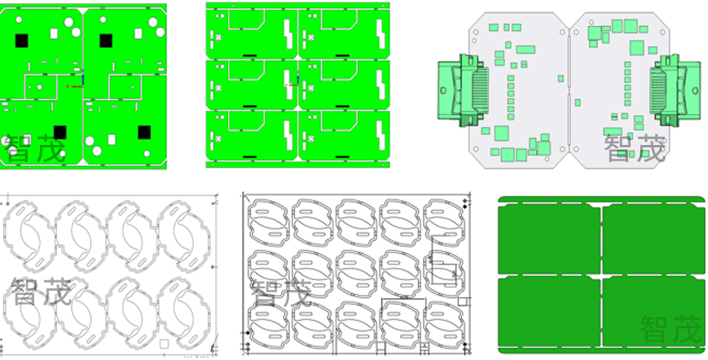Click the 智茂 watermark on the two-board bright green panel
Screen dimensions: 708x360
tap(35, 149)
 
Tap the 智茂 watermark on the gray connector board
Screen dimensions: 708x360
tap(635, 148)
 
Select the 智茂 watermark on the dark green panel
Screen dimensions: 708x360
tap(671, 329)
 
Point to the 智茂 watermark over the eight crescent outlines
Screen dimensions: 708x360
tap(41, 291)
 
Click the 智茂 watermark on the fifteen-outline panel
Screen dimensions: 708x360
tap(281, 292)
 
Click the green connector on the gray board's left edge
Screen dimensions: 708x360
tap(464, 90)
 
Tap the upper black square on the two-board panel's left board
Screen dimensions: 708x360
tap(21, 41)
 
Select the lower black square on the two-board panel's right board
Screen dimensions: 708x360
tap(144, 133)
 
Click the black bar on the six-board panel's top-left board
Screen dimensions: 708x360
tap(249, 56)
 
